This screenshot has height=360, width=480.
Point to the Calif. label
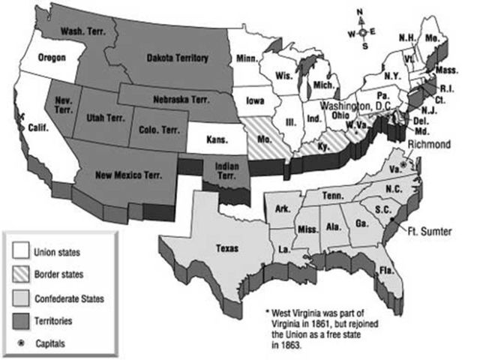[x=40, y=127]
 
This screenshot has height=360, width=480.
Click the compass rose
[x=363, y=32]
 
